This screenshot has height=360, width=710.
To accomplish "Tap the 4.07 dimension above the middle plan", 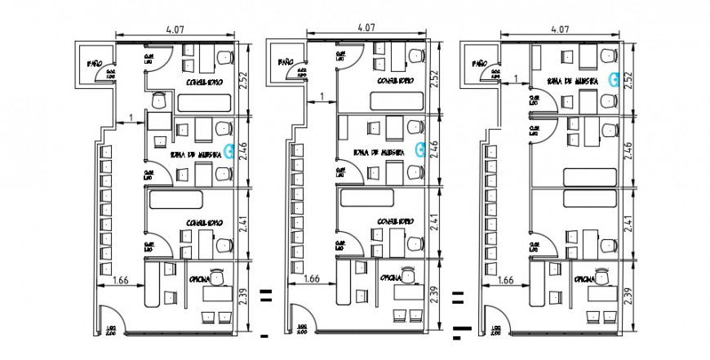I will point(366,27).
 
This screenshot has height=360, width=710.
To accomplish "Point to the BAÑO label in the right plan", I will point(478,62).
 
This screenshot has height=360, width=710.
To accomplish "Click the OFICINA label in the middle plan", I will point(389,278).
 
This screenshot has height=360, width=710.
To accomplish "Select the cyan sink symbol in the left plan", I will point(230,149).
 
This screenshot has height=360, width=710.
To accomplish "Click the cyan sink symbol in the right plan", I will point(613,79).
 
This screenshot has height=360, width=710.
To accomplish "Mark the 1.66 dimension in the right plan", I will point(504,279).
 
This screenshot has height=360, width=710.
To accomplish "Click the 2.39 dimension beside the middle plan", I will point(434,295).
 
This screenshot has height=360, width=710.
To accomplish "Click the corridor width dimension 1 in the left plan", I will point(131,119).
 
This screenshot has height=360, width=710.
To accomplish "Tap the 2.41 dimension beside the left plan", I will point(242,224).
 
